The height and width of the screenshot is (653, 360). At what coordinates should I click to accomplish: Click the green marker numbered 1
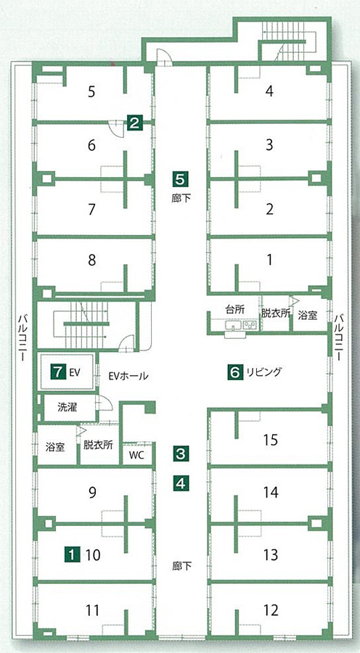(x=73, y=554)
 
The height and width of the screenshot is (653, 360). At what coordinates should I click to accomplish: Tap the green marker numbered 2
(x=134, y=123)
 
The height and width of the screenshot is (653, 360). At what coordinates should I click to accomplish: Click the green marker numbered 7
(x=58, y=371)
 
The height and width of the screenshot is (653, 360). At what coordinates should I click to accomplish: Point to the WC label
(x=136, y=455)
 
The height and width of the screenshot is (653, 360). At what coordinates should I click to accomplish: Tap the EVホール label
(x=128, y=376)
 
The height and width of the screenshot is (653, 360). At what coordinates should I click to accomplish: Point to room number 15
(x=271, y=440)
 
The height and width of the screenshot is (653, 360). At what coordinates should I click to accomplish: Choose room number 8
(x=92, y=260)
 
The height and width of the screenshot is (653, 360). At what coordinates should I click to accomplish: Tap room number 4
(x=269, y=91)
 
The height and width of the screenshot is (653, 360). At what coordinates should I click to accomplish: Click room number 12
(x=271, y=610)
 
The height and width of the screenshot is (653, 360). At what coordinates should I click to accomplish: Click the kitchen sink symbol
(x=232, y=325)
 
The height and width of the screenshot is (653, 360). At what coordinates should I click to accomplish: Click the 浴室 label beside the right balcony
(x=308, y=316)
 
